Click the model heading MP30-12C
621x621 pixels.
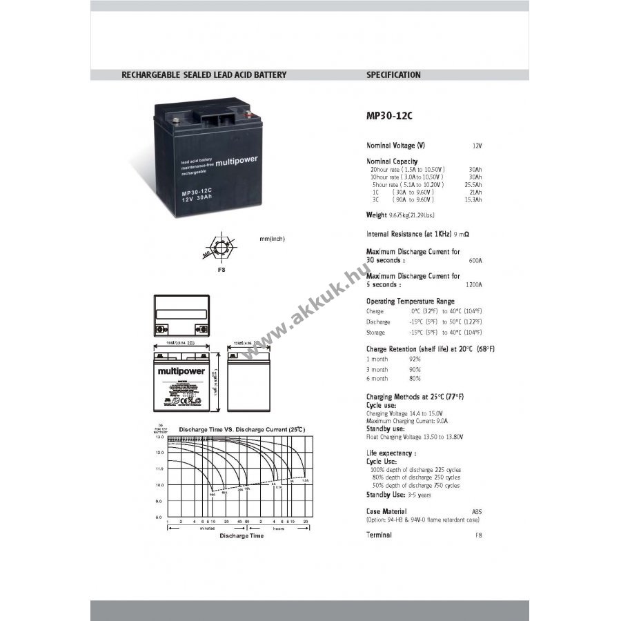coord(389,116)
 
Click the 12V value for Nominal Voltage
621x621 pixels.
coord(477,146)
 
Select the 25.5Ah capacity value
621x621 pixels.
coord(474,185)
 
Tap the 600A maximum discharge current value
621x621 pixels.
coord(475,261)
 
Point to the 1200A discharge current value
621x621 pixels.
coord(473,284)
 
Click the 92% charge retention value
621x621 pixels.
coord(415,359)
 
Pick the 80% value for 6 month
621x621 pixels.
coord(415,378)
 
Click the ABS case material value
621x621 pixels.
coord(477,511)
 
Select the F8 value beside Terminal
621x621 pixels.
coord(478,535)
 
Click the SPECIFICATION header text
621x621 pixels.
coord(393,75)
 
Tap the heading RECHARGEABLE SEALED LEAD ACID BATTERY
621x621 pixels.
coord(204,75)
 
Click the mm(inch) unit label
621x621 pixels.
coord(272,239)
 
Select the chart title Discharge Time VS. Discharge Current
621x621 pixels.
coord(241,429)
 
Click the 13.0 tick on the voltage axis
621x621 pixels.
coord(159,437)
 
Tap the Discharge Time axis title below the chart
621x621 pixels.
coord(241,535)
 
